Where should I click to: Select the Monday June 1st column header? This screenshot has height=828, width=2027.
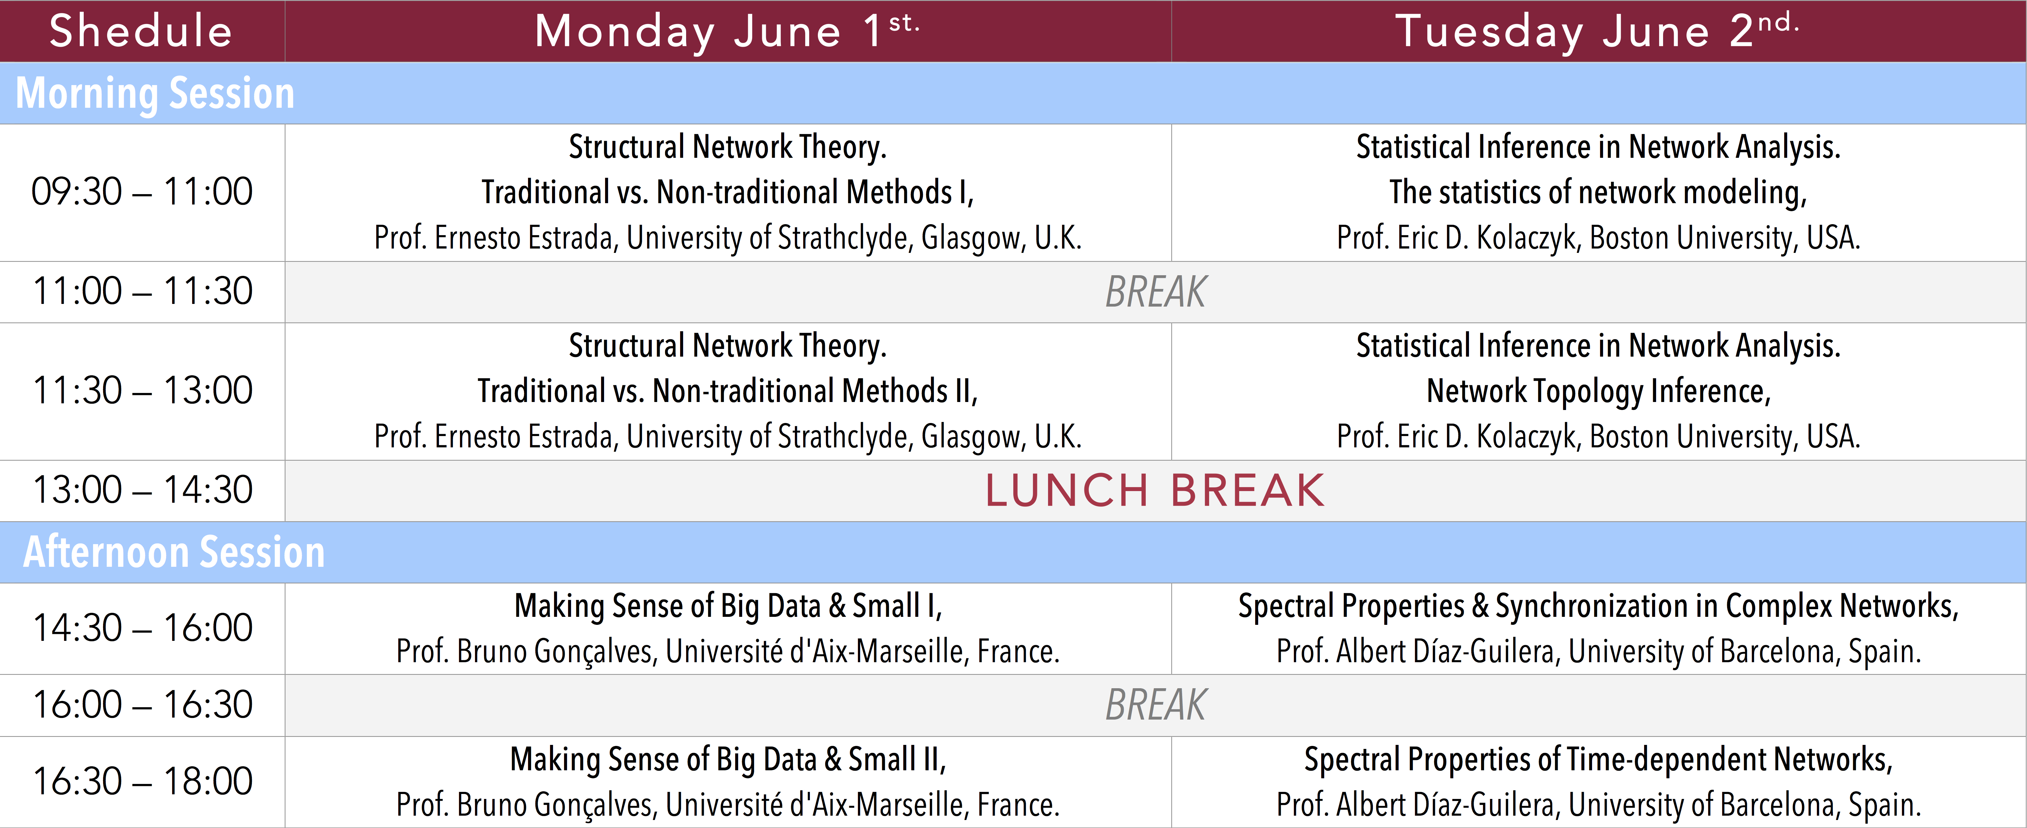[x=727, y=31]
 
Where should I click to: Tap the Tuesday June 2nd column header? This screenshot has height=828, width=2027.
[x=1597, y=31]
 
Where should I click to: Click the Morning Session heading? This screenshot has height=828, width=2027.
[x=155, y=94]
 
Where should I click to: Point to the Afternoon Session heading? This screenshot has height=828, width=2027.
[x=174, y=552]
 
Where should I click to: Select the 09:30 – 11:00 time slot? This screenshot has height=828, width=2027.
[x=142, y=192]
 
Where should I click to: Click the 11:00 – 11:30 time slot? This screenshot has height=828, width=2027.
[x=142, y=291]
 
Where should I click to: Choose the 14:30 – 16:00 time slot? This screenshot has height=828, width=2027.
[x=142, y=628]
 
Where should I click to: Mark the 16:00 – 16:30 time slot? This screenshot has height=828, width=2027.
[x=142, y=705]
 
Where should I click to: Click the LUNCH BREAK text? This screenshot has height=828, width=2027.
[x=1155, y=490]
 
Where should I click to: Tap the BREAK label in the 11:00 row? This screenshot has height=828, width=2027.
[x=1155, y=292]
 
